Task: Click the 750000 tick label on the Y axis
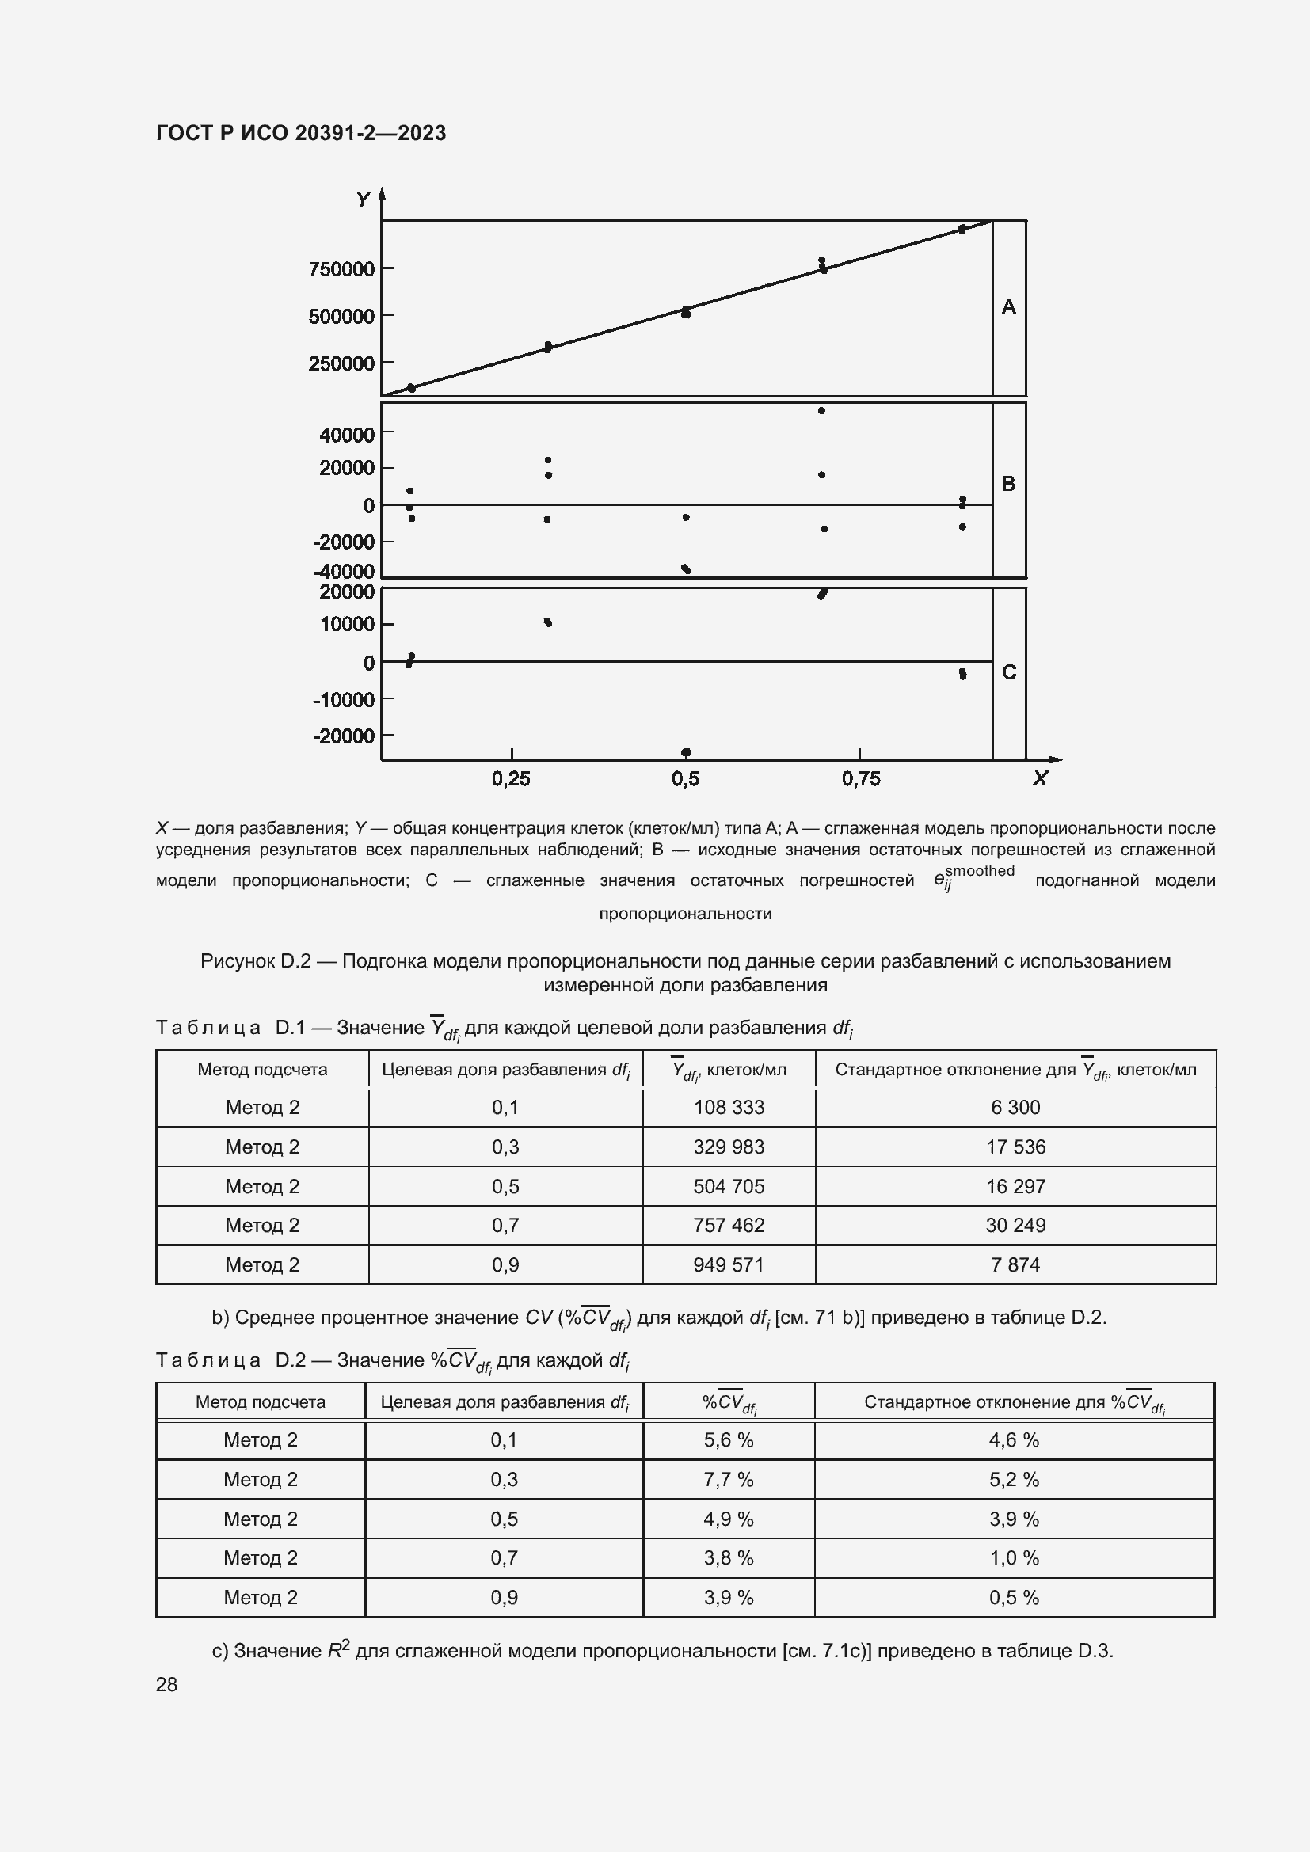(341, 269)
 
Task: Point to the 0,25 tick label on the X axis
(512, 778)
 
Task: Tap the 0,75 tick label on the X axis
(861, 778)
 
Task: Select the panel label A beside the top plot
(1008, 306)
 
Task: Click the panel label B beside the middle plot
(1008, 484)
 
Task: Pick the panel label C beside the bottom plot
(1008, 672)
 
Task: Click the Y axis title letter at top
(364, 199)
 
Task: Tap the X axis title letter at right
(1040, 778)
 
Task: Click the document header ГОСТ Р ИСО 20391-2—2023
(301, 133)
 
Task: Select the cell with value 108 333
(729, 1108)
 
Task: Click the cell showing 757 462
(729, 1225)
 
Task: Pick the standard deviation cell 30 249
(1015, 1225)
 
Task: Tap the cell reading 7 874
(1015, 1264)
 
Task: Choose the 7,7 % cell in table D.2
(729, 1479)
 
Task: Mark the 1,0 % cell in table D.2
(1014, 1557)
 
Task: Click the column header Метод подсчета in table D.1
(262, 1070)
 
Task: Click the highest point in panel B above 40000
(821, 411)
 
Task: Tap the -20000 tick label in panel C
(344, 736)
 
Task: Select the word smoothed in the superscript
(979, 871)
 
